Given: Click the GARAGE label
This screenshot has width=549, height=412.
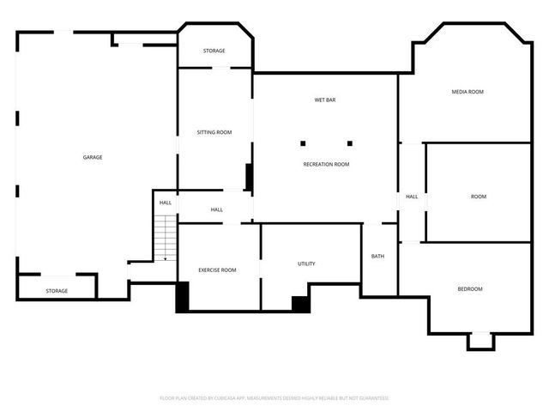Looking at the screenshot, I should [93, 157].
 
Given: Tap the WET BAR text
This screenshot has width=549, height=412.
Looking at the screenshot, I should [324, 100].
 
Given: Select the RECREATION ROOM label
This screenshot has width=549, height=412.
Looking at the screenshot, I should [326, 164].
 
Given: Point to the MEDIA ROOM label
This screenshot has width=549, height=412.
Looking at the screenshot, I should [468, 92].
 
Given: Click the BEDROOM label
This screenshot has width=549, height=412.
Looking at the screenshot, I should [469, 288].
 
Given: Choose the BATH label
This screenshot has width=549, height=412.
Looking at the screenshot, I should [377, 257].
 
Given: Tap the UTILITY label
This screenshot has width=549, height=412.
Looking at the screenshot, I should [306, 264].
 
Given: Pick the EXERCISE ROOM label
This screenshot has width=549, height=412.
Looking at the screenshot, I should [217, 270].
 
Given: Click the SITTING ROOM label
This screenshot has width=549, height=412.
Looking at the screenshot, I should [214, 132].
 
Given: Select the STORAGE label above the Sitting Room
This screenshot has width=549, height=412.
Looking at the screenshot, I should [214, 51].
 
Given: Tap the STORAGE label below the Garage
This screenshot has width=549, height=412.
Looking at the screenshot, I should [57, 291].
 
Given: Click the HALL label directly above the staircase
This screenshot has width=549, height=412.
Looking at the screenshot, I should [165, 203].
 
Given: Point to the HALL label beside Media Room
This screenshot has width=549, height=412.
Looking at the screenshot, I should [412, 197].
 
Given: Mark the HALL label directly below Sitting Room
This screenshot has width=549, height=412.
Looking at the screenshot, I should [217, 209].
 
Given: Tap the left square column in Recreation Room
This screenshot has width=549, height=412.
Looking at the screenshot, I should [303, 143].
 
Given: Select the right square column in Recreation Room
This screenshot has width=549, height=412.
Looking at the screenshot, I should [350, 143].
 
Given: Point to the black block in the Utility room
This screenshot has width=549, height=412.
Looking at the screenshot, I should [300, 302].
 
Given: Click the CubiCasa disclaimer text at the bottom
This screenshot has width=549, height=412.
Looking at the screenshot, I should [274, 398].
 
